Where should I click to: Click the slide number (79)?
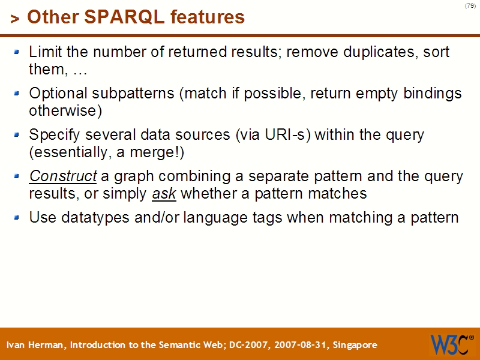470,6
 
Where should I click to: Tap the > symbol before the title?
14,19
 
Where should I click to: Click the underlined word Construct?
62,176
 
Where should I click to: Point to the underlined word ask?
164,194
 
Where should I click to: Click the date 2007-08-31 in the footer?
298,345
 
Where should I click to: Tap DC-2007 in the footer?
250,345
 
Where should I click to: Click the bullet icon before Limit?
17,52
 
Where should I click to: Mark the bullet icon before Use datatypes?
17,217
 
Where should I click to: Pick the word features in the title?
208,17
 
